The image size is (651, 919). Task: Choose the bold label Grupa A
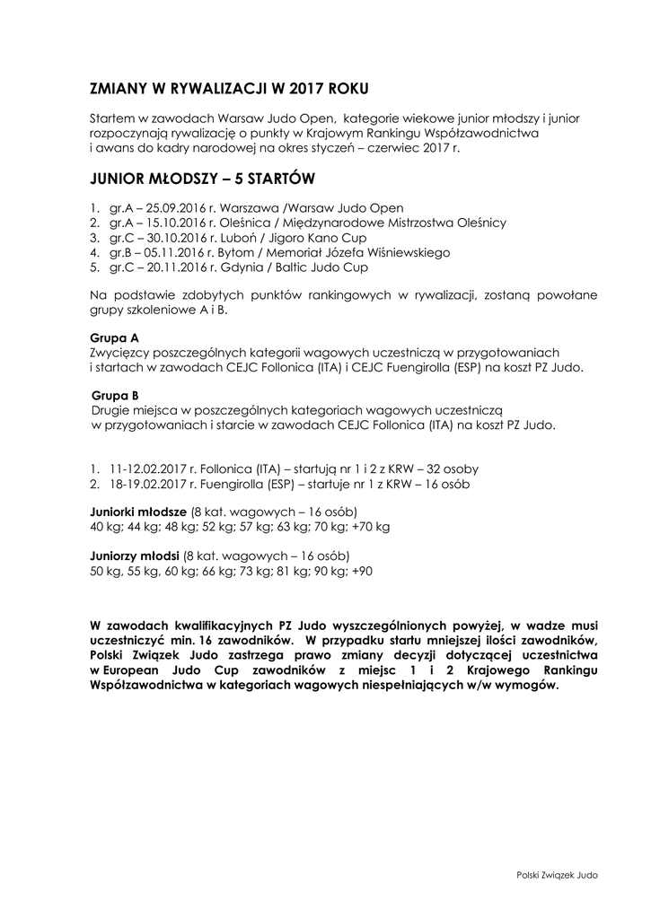(114, 338)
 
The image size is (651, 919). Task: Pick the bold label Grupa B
(115, 395)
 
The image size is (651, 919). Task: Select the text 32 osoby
(453, 468)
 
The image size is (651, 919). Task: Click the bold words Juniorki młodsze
(132, 512)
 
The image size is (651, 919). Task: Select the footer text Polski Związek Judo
(557, 874)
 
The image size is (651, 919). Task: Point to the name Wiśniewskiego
(409, 253)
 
